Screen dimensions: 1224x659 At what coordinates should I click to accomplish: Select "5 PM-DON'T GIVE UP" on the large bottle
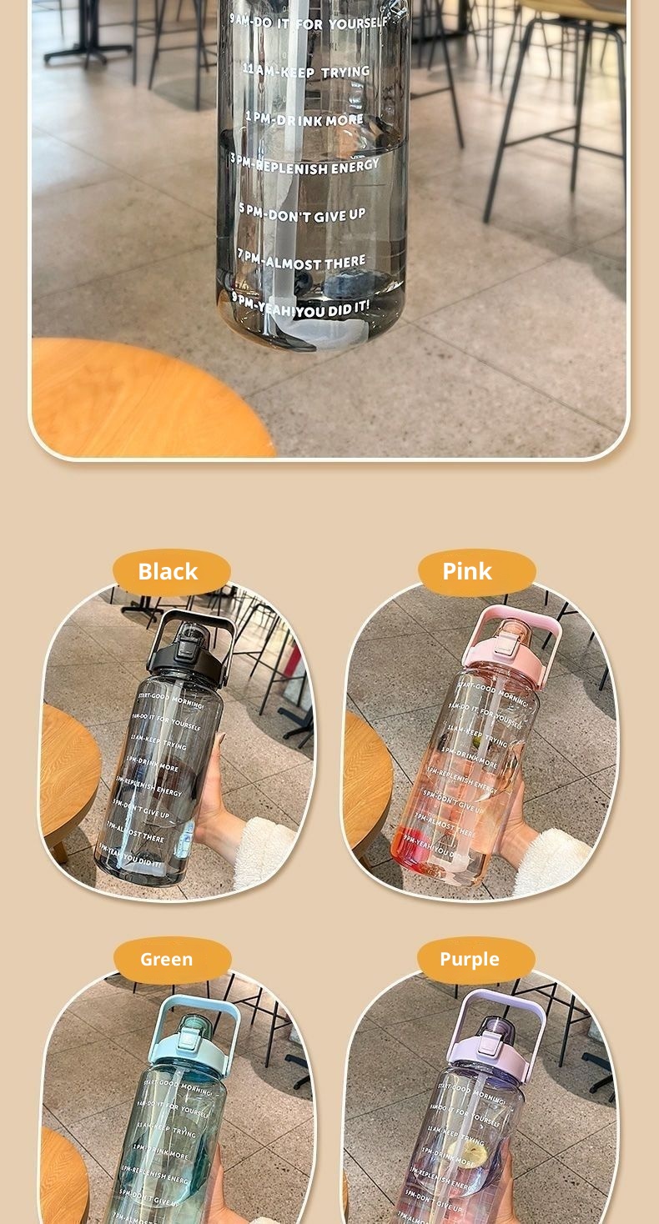tap(303, 213)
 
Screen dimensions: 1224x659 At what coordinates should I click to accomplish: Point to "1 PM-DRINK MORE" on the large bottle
tap(304, 119)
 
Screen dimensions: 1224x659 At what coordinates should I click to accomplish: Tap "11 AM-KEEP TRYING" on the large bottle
tap(307, 72)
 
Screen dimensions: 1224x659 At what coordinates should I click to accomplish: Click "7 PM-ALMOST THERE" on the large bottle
tap(302, 262)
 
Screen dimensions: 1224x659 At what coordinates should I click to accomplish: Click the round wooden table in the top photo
tap(150, 400)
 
